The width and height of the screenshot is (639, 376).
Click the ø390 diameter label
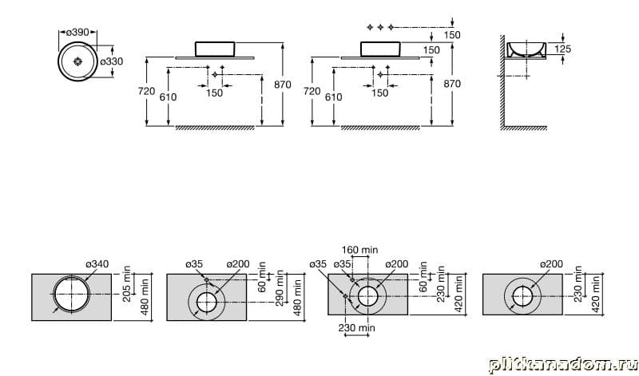click(77, 32)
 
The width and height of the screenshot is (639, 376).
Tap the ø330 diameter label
click(111, 61)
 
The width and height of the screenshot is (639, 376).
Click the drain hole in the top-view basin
click(77, 61)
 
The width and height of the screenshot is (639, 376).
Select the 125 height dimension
click(563, 49)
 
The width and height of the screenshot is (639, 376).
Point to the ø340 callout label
click(97, 264)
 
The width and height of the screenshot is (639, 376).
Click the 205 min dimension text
click(127, 284)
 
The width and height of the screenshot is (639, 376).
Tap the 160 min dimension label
click(359, 249)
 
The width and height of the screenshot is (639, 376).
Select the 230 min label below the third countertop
click(356, 327)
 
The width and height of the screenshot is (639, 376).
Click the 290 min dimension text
click(280, 288)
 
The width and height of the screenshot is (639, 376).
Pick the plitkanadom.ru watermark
click(562, 364)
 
